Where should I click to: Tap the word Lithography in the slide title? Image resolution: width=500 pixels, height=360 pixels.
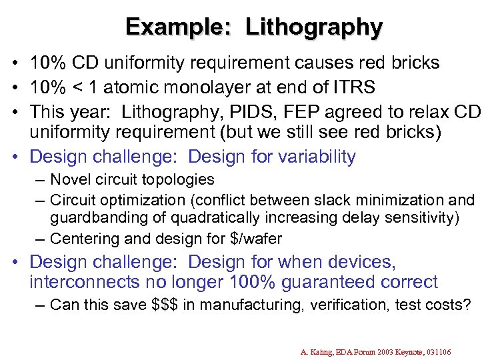click(x=314, y=27)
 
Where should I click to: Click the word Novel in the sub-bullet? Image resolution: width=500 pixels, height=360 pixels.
click(x=69, y=179)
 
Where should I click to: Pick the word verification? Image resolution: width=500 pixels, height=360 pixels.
click(x=339, y=305)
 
